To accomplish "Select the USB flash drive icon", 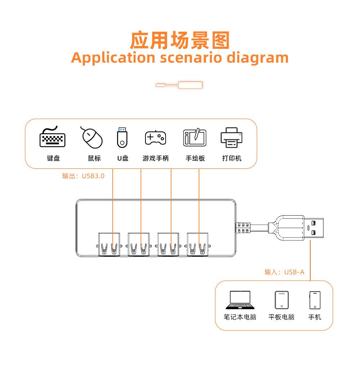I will coord(122,138).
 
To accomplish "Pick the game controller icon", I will coord(156,138).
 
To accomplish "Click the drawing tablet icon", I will coord(195,138).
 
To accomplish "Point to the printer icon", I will coord(231,138).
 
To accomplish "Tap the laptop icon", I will coord(240,300).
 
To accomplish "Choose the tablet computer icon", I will coord(282,300).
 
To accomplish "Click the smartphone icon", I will coord(315,300).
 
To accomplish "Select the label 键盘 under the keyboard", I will coord(53,158).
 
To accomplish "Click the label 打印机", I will coord(231,158).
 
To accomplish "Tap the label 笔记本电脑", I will coord(240,317).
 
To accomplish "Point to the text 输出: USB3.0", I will coord(83,176).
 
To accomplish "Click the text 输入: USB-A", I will coord(284,272).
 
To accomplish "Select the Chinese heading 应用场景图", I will coord(180,40).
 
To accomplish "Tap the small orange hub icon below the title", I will coord(179,85).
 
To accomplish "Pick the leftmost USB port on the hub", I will coord(109,245).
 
